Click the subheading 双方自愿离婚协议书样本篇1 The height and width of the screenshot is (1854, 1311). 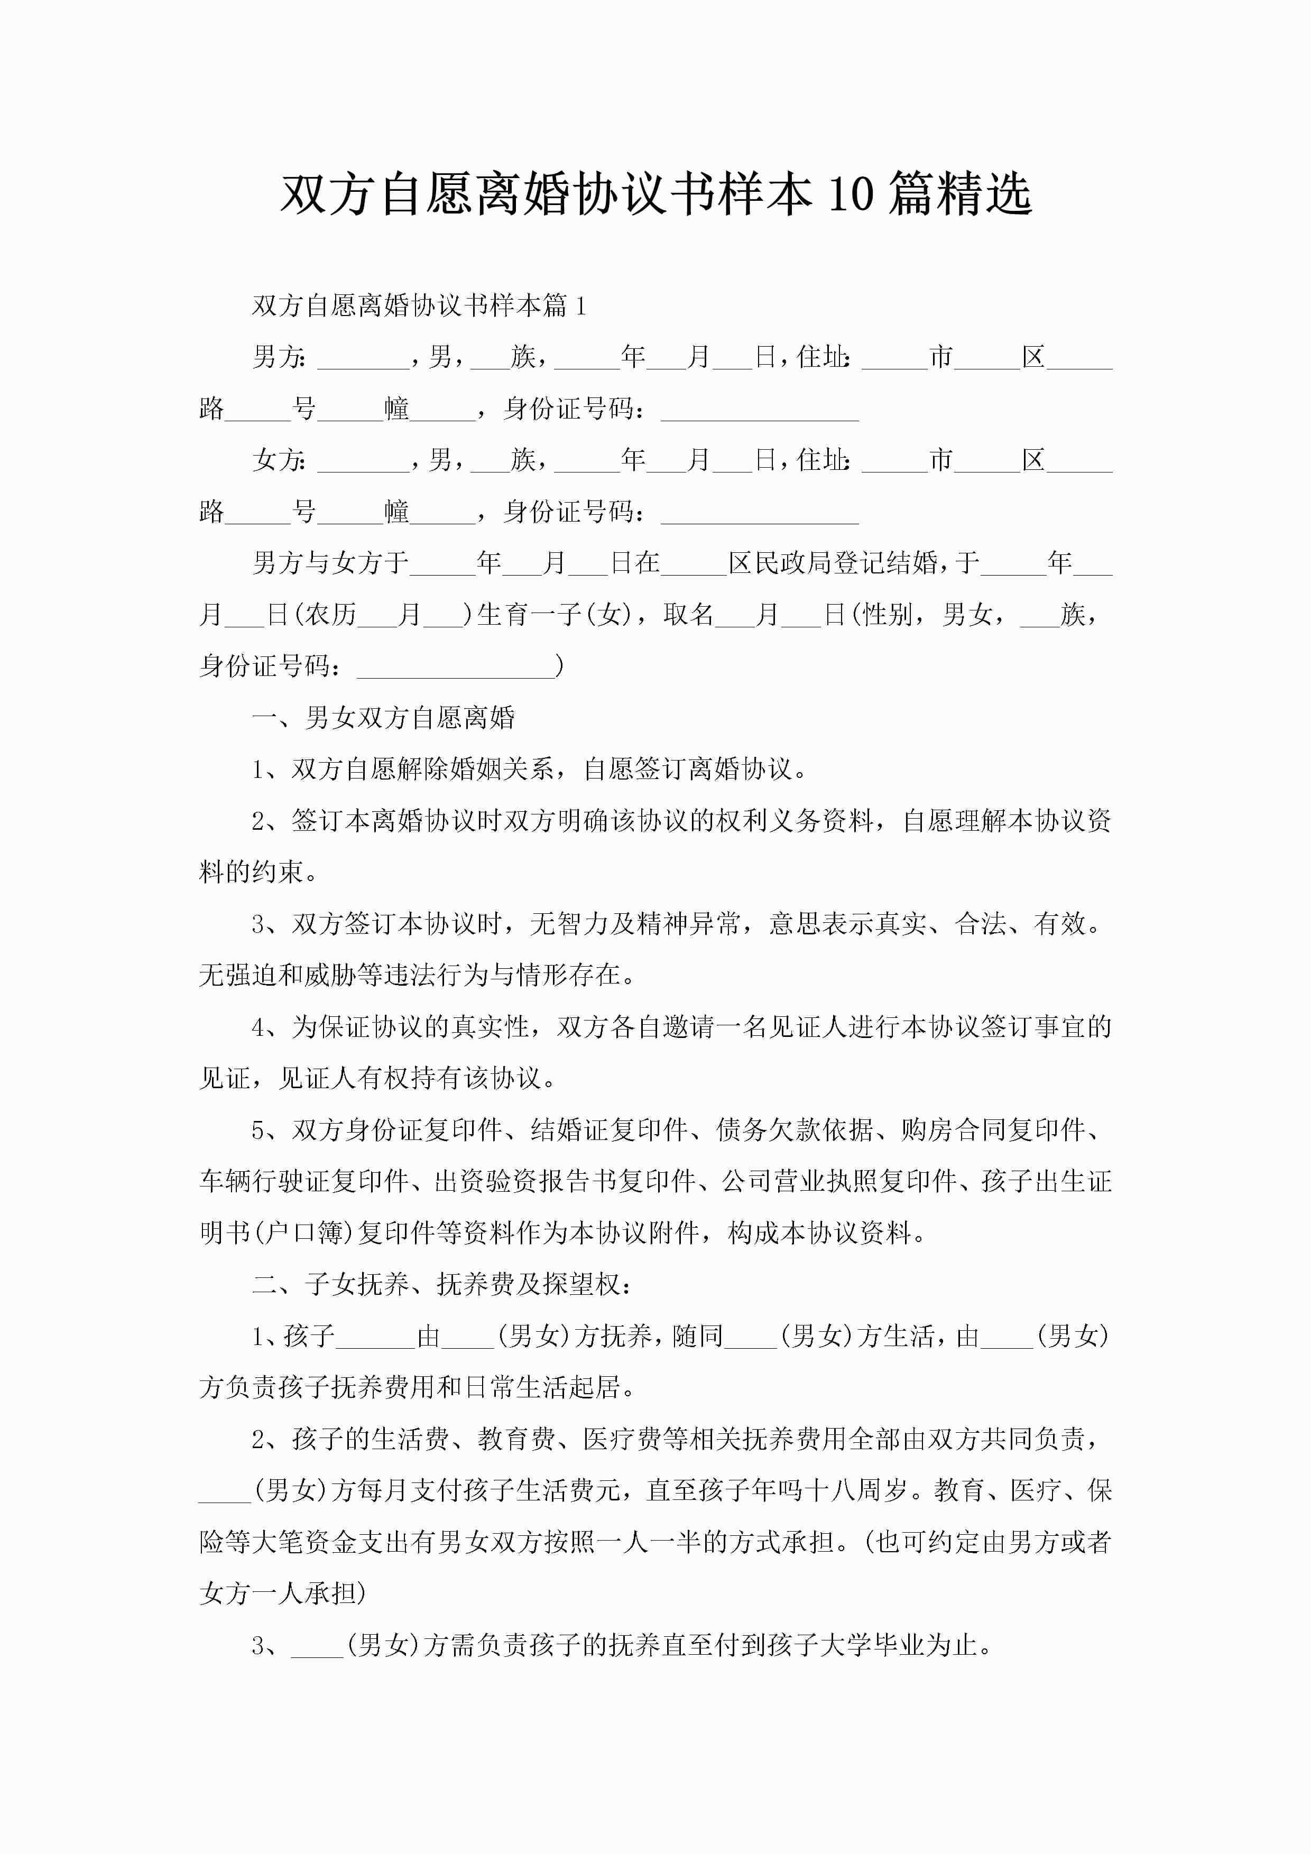point(419,305)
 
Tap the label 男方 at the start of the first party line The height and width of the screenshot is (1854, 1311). point(279,357)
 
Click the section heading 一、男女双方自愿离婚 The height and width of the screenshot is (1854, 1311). point(384,718)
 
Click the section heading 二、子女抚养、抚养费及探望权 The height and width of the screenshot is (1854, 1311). point(441,1284)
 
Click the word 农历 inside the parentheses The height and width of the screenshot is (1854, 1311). point(330,615)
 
